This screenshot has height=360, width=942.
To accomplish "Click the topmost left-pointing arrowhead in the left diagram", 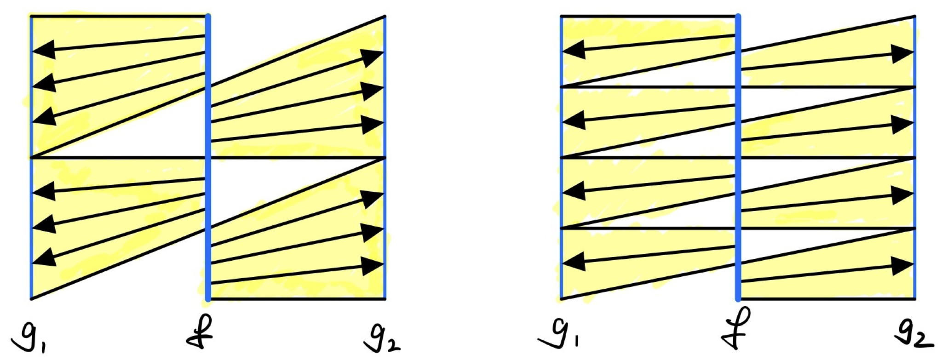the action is point(44,50).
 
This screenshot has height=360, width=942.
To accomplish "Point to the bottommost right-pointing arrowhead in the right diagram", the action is point(902,266).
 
